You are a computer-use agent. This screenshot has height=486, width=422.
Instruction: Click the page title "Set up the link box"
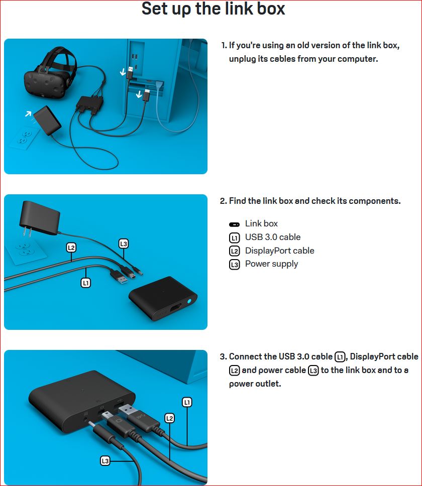coord(213,9)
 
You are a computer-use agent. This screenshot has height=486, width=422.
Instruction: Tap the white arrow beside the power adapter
coord(28,113)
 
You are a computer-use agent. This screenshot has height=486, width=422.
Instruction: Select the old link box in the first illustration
coord(89,104)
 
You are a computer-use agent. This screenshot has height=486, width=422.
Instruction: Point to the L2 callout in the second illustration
coord(71,248)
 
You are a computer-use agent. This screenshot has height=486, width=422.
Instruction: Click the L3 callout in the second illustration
coord(124,244)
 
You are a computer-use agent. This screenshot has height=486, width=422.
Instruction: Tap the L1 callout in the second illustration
coord(85,283)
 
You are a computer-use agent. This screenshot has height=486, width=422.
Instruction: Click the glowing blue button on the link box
coord(189,301)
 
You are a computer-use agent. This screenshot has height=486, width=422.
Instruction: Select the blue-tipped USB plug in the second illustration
coord(119,277)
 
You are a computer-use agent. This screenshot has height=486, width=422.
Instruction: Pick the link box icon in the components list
coord(234,224)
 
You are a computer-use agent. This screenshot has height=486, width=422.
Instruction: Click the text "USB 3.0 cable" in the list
coord(273,237)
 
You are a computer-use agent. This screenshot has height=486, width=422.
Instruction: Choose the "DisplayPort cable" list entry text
coord(279,251)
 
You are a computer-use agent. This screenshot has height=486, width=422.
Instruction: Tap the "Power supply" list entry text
coord(271,264)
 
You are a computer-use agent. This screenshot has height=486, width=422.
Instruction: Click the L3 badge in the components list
coord(235,265)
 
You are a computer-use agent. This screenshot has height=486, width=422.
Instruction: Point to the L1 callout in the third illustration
coord(187,402)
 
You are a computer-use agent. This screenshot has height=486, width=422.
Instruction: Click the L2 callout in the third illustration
coord(169,418)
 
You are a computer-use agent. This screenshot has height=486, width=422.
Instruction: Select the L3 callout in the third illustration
coord(105,461)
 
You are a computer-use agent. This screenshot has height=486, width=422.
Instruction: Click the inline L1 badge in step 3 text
coord(340,357)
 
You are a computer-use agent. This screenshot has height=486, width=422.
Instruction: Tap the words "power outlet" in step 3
coord(255,384)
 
